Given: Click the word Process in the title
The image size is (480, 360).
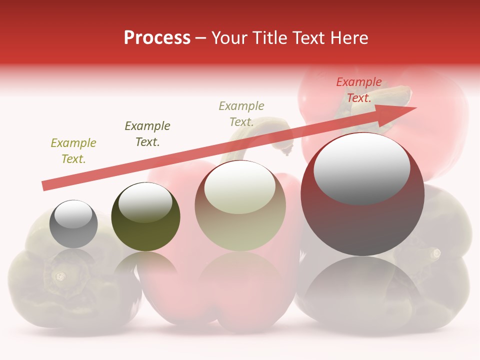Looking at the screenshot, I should (157, 38).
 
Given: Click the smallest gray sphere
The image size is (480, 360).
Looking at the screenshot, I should (73, 224).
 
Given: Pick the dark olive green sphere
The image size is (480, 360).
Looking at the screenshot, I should (145, 217).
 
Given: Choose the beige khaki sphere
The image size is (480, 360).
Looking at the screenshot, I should (240, 206).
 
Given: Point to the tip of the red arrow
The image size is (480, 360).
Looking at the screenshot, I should (415, 108).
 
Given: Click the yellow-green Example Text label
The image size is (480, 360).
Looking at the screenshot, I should (73, 151).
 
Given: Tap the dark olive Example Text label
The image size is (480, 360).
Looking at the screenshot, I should (147, 133).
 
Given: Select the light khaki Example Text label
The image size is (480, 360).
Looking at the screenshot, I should (241, 113).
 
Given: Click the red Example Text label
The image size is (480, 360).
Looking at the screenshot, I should (359, 90).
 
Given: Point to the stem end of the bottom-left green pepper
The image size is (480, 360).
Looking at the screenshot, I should (60, 275).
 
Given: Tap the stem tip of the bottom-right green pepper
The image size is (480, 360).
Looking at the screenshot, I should (436, 253).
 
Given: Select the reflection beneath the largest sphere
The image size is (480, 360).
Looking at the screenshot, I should (362, 285).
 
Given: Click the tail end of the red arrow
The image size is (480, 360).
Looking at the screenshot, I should (44, 186).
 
